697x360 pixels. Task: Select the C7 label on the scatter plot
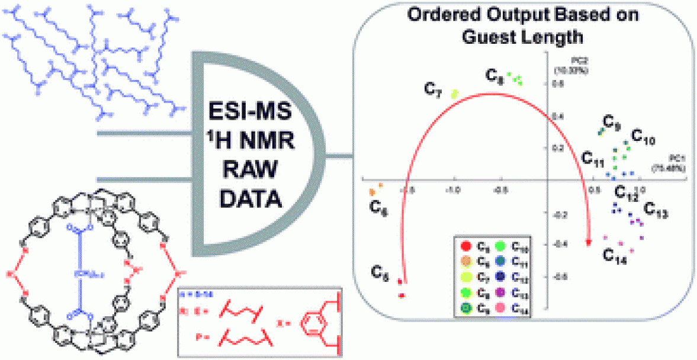(433, 89)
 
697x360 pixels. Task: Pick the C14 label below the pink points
(616, 256)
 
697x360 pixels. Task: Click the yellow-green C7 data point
(455, 93)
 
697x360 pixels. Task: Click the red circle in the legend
(466, 245)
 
